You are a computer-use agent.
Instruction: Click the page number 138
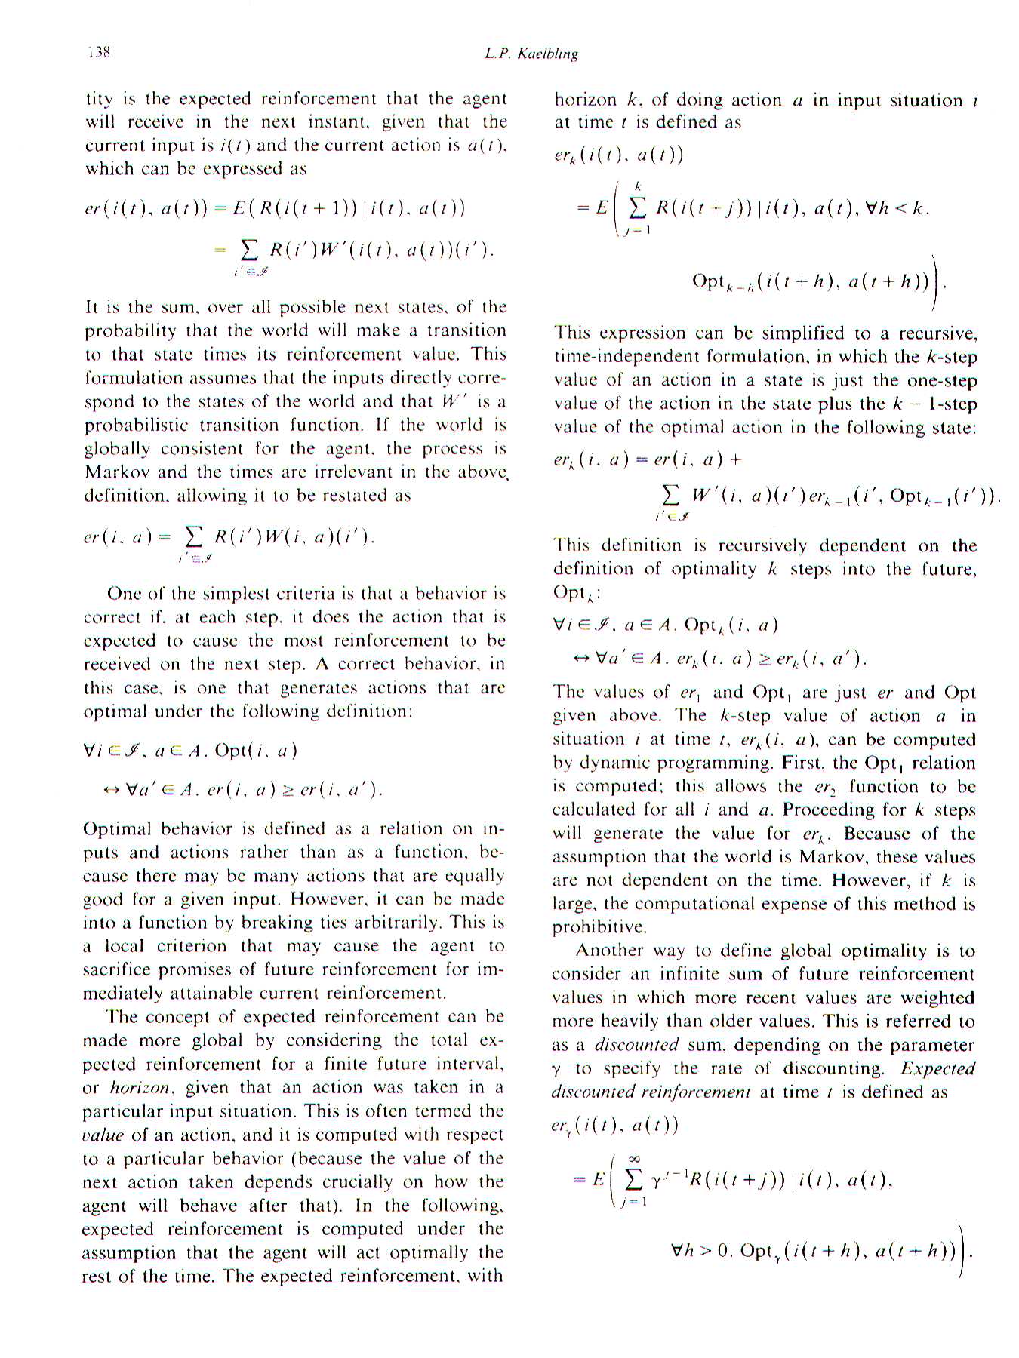click(99, 52)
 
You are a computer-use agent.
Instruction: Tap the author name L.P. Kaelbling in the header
click(531, 54)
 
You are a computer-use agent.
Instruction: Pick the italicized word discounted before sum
click(636, 1045)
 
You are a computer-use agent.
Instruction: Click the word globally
click(116, 449)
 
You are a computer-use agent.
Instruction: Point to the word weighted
click(938, 998)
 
